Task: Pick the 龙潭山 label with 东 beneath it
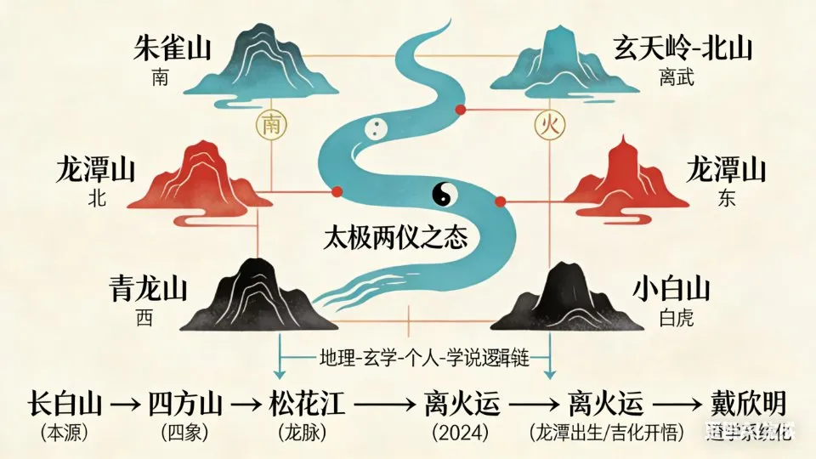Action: click(x=726, y=170)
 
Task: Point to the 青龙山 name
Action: click(x=142, y=290)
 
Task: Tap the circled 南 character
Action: click(x=271, y=126)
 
